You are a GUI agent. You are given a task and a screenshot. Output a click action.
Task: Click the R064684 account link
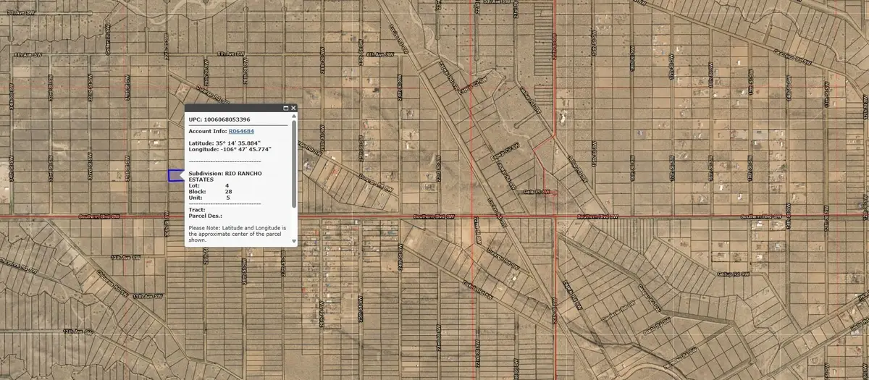(x=241, y=131)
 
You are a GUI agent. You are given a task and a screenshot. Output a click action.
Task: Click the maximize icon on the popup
(x=285, y=108)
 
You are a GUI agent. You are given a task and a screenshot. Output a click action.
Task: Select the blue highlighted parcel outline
(x=175, y=176)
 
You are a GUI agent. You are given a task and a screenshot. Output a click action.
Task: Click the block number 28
(x=228, y=191)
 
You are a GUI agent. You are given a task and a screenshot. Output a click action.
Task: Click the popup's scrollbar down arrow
(x=294, y=242)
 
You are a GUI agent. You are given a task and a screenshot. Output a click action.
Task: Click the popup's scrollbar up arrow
(x=294, y=116)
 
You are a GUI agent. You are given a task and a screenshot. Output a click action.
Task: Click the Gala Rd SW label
(x=537, y=193)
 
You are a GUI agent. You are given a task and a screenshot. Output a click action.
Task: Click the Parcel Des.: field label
(x=205, y=216)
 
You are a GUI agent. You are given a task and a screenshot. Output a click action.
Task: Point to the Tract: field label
(x=197, y=210)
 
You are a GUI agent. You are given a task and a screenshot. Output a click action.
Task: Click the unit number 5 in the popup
(x=227, y=197)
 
